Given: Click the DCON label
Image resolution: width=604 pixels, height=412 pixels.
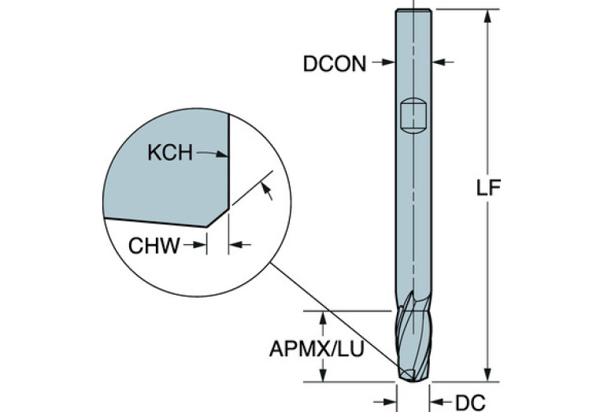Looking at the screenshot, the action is pyautogui.click(x=335, y=64).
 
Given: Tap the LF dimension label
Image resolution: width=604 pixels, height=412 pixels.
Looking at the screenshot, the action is pyautogui.click(x=488, y=188).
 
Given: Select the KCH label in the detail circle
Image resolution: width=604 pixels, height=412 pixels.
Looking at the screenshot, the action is pyautogui.click(x=170, y=153).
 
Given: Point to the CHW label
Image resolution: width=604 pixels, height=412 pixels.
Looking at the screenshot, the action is pyautogui.click(x=154, y=246).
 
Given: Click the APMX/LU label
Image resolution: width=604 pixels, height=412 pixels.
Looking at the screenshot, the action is pyautogui.click(x=317, y=349).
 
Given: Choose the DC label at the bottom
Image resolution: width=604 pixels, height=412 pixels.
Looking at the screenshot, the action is pyautogui.click(x=470, y=403).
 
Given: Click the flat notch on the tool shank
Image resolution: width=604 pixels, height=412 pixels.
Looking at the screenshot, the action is pyautogui.click(x=413, y=115).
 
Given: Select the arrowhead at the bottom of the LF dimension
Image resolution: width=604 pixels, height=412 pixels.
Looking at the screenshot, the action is pyautogui.click(x=487, y=374).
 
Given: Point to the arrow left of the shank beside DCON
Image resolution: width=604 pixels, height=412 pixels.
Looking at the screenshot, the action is pyautogui.click(x=384, y=61).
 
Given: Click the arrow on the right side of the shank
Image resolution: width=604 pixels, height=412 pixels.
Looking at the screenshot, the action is pyautogui.click(x=443, y=61).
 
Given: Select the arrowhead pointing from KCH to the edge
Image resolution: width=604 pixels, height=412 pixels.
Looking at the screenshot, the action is pyautogui.click(x=221, y=154).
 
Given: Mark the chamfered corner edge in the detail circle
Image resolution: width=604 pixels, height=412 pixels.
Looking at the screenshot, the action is pyautogui.click(x=218, y=217).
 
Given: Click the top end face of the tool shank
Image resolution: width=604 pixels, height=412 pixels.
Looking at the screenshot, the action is pyautogui.click(x=413, y=9).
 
